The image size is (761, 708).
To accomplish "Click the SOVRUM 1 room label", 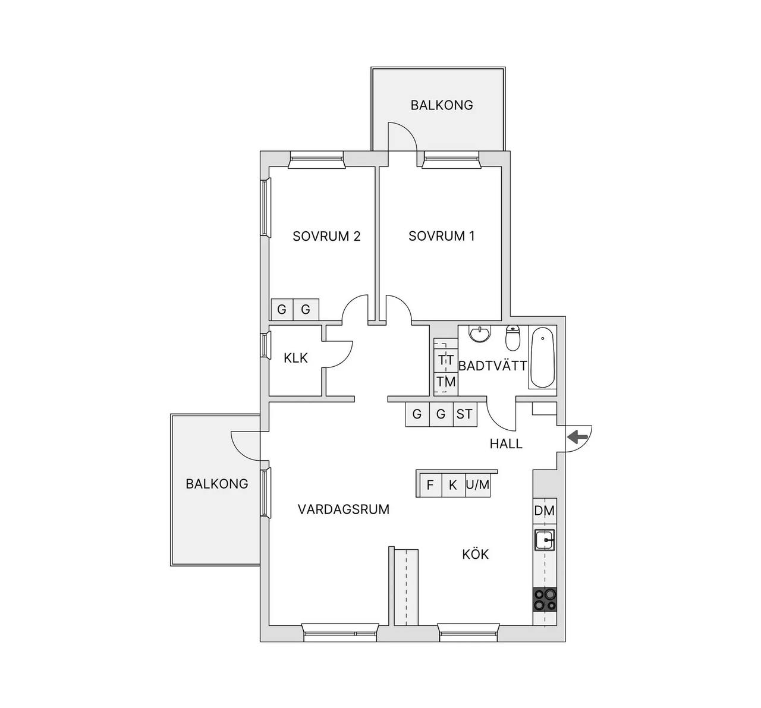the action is (441, 236).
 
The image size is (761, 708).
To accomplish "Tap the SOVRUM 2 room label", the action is (326, 237).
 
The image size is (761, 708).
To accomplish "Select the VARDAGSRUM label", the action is (343, 509).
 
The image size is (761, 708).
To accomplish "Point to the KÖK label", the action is (475, 554).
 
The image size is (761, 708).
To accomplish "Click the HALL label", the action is (506, 444).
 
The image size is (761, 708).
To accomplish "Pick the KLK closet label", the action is (295, 358).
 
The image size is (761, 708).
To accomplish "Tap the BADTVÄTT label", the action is (493, 366).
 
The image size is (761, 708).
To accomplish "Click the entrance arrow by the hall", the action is (578, 436).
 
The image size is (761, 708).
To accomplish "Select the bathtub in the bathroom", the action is (542, 358).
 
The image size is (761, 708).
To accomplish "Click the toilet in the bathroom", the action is (512, 337).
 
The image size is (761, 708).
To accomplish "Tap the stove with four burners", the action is (545, 600).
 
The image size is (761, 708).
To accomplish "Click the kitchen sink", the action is (544, 540).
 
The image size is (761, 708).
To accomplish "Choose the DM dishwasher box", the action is (545, 511).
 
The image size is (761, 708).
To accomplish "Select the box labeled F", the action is (430, 485).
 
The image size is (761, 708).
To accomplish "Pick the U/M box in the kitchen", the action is (477, 485).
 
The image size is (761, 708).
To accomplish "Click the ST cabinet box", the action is (465, 414).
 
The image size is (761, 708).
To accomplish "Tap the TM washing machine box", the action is (446, 382).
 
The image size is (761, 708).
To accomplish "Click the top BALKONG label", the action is (442, 105).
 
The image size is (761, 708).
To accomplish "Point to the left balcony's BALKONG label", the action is (217, 484).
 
